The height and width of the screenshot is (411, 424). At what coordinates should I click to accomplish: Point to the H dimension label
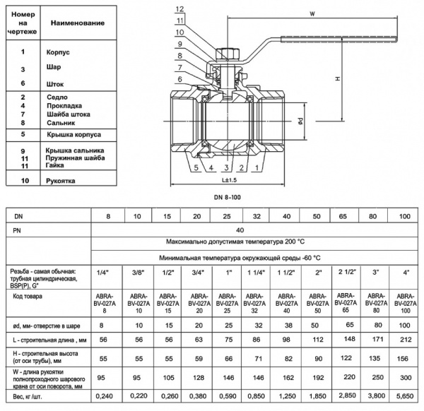(x=338, y=79)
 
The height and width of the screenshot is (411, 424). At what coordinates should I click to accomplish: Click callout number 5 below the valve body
(x=196, y=167)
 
